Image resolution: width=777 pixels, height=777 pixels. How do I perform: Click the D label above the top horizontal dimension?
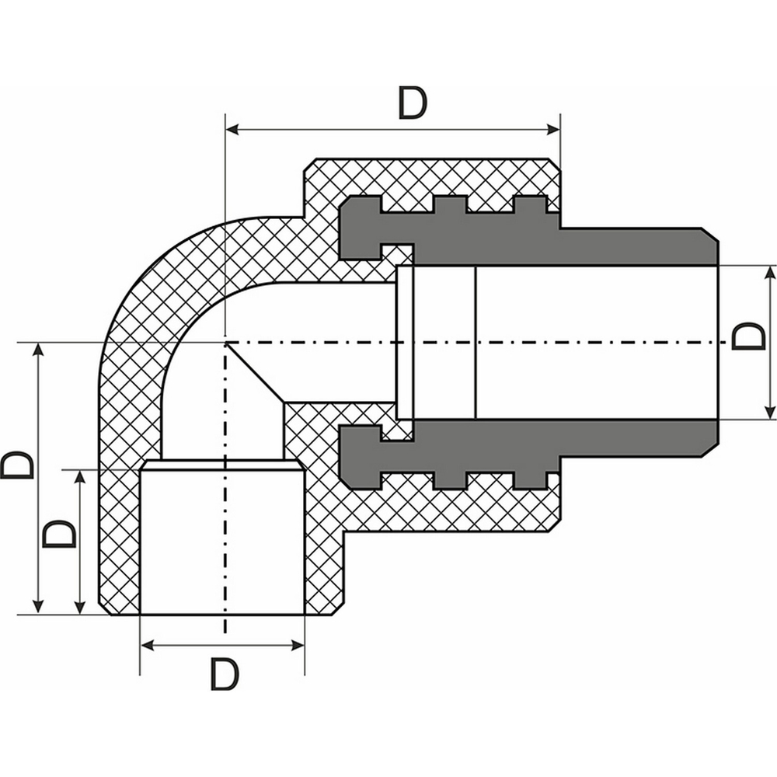click(413, 103)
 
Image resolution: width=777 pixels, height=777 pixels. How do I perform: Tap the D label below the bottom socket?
click(225, 674)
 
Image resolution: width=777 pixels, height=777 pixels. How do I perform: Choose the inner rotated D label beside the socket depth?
click(60, 535)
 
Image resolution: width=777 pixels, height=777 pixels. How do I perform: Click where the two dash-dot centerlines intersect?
click(225, 342)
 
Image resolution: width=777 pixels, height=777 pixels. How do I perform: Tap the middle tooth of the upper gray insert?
click(450, 204)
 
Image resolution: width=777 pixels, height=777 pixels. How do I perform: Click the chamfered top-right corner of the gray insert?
click(710, 235)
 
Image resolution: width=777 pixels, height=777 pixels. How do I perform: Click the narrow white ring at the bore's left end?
click(404, 342)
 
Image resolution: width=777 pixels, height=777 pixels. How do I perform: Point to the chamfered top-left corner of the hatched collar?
click(308, 165)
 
